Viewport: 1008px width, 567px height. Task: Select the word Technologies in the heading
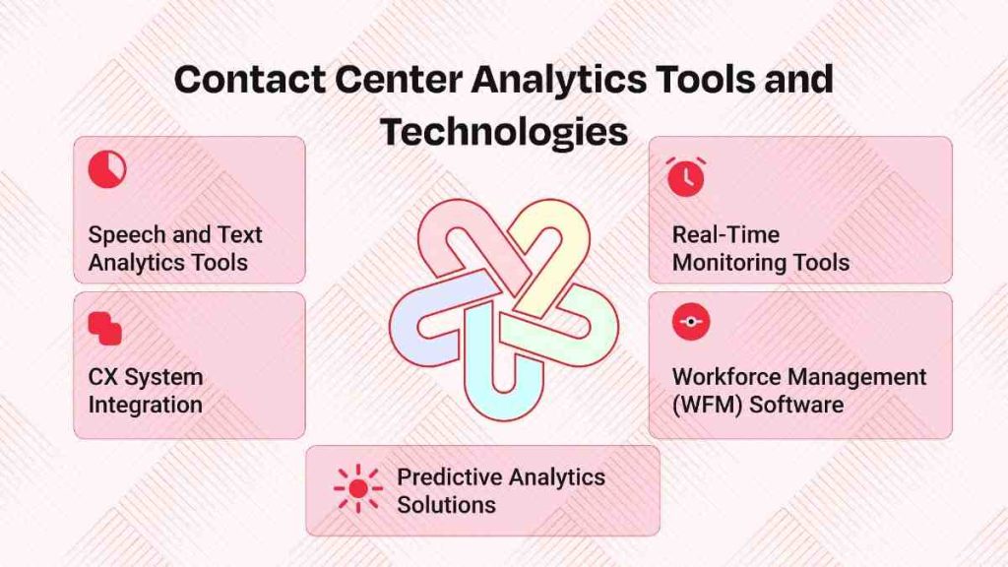tap(504, 130)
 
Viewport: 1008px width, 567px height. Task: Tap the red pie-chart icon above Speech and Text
tap(106, 169)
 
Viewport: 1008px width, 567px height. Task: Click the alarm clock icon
tap(685, 175)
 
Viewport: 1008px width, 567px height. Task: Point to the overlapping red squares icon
tap(104, 328)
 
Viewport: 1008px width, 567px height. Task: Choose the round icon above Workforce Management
tap(690, 322)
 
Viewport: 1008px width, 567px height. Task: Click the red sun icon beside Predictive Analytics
tap(357, 488)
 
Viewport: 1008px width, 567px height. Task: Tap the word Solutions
tap(446, 505)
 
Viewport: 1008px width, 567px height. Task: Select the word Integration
tap(146, 405)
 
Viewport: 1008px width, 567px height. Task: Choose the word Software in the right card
tap(798, 405)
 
